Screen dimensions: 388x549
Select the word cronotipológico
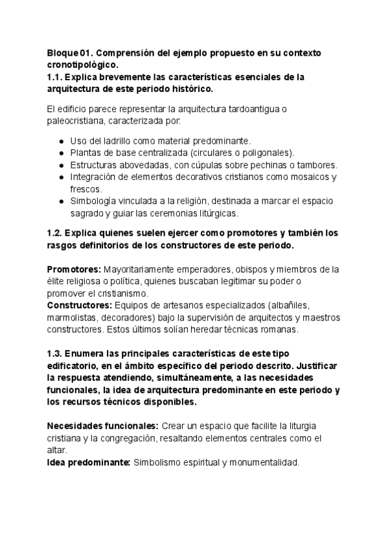coord(82,65)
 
